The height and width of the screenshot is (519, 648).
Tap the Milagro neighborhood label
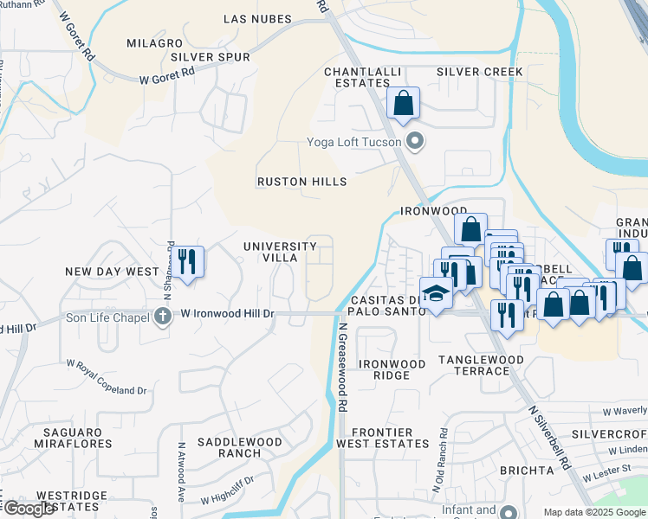[154, 42]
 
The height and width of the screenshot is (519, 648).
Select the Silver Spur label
[210, 57]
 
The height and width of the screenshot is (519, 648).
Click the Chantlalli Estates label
[357, 77]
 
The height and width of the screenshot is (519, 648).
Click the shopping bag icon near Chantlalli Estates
[404, 104]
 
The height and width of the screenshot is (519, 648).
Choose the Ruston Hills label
[301, 182]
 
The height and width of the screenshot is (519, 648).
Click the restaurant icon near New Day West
[187, 261]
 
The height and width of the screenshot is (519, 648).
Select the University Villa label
[281, 252]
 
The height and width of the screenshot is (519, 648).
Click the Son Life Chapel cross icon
[163, 317]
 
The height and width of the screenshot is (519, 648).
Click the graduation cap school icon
[436, 294]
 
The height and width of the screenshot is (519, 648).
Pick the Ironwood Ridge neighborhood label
[392, 369]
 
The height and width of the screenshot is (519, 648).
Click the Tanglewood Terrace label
[481, 364]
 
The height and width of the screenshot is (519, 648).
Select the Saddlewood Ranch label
[240, 447]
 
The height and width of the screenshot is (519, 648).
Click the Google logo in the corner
[29, 509]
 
